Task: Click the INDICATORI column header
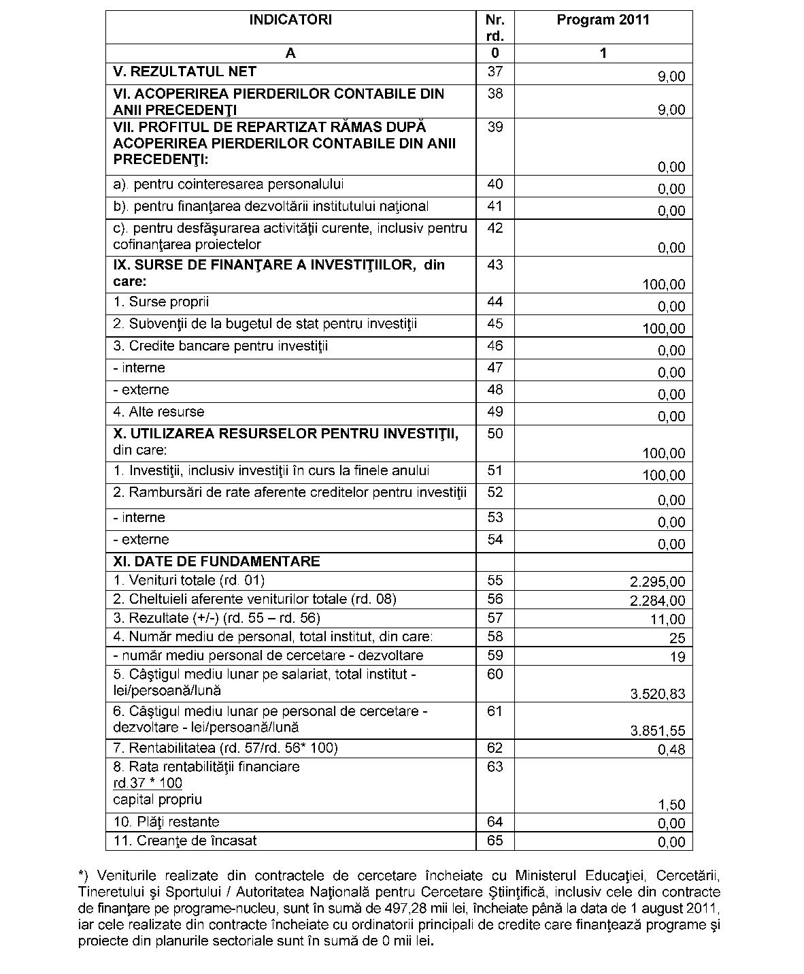(290, 20)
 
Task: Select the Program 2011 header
(603, 20)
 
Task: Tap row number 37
(495, 71)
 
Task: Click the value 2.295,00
(658, 582)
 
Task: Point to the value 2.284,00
(658, 601)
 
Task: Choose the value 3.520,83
(658, 694)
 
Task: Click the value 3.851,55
(658, 731)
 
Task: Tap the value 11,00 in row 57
(668, 620)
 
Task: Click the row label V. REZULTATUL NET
(185, 71)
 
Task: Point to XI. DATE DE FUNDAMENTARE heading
(216, 562)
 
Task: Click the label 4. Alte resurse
(158, 412)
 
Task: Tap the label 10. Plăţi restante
(167, 822)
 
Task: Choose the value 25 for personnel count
(677, 638)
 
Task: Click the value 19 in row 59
(677, 657)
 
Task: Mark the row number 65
(495, 841)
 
